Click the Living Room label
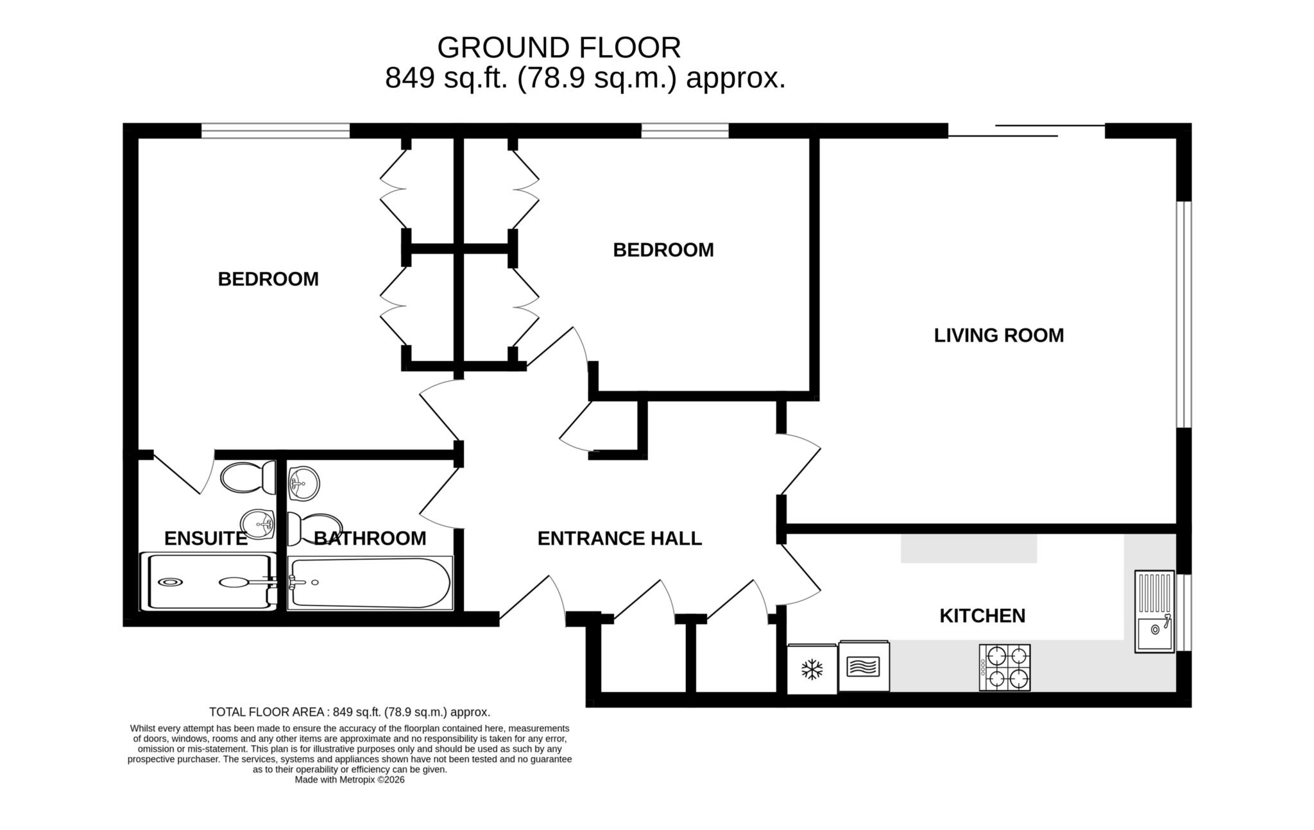(998, 335)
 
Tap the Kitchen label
(982, 616)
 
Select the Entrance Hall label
(619, 538)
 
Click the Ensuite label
(205, 538)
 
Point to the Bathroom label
(370, 538)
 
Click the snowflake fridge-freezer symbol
(812, 670)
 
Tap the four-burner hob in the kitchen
(1005, 668)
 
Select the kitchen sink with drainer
(1154, 612)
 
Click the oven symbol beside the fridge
(864, 666)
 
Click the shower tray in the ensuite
(205, 582)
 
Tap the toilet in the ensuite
(247, 478)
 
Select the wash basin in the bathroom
(303, 482)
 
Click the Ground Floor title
(558, 47)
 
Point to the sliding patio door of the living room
(1027, 131)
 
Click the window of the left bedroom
(275, 131)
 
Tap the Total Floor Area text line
(350, 712)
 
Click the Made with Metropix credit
(350, 780)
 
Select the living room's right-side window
(1184, 314)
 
